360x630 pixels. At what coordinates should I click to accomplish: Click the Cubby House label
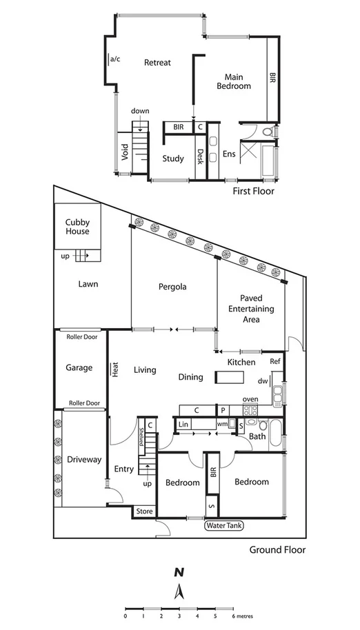coord(78,227)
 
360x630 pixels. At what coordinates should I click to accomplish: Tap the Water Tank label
coord(223,526)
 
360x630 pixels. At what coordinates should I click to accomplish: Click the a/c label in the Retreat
coord(114,59)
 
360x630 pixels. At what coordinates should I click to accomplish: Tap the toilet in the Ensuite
coord(268,131)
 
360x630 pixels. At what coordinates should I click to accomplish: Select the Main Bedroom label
coord(234,81)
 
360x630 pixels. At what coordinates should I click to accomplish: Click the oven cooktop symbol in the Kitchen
coord(250,410)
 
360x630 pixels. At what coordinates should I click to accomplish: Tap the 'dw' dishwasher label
coord(262,381)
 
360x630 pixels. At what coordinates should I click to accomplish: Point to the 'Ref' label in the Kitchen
coord(275,361)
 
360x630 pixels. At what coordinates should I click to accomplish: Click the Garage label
coord(79,368)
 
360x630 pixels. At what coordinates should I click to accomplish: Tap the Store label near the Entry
coord(143,511)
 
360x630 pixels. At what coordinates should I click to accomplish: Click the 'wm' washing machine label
coord(222,424)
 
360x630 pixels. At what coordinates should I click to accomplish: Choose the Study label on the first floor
coord(173,159)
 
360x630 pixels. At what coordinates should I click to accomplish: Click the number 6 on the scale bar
coord(234,616)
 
